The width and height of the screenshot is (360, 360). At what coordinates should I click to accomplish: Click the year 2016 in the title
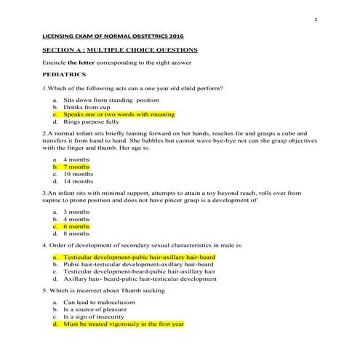coord(164,35)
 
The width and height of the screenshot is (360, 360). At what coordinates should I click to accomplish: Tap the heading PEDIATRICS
coord(65,74)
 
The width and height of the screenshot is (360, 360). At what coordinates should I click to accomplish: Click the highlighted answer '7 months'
coord(78,167)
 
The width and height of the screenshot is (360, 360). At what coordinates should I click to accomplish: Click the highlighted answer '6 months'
coord(77,226)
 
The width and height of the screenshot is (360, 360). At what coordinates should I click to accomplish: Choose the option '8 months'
coord(77,234)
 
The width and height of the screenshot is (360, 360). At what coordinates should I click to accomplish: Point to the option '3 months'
coord(77,211)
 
